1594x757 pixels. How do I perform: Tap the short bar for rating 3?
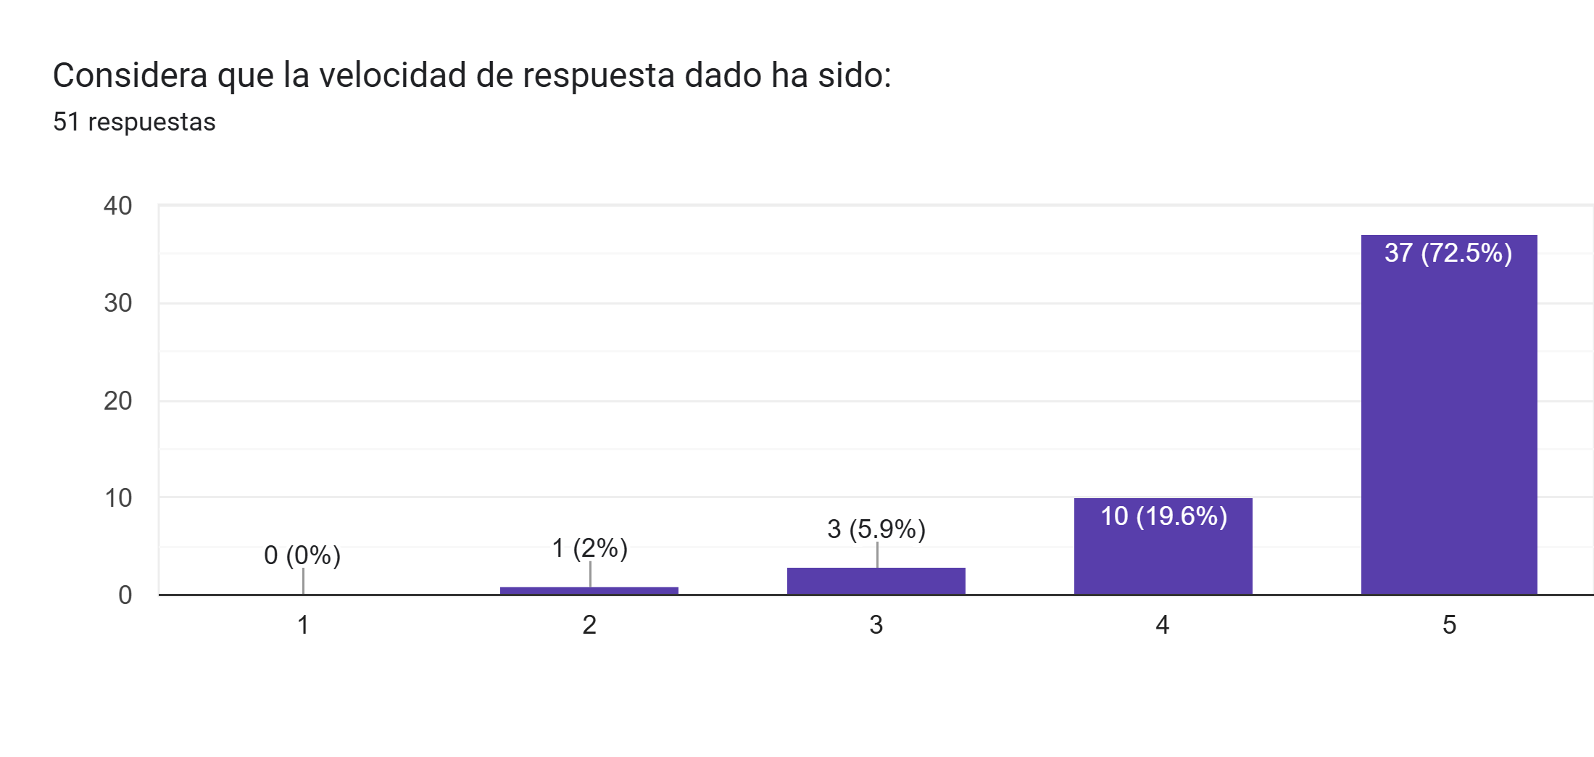(876, 582)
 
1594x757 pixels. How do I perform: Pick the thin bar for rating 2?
(589, 590)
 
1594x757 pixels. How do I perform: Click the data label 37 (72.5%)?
(1448, 253)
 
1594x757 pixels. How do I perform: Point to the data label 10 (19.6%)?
(1163, 516)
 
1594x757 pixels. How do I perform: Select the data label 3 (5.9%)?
(876, 529)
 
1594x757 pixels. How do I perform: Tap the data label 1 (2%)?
(589, 548)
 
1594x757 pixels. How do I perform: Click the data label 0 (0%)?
(302, 555)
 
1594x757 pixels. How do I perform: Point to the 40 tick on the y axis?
(118, 206)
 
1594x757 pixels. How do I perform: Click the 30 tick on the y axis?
(118, 303)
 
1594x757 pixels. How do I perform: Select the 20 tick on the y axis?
(118, 401)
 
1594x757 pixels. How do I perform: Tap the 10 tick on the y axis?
(118, 498)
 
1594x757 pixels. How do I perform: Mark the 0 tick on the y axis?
(125, 595)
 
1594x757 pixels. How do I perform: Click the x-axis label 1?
(303, 625)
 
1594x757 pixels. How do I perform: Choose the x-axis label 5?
(1449, 625)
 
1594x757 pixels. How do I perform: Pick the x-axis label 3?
(876, 625)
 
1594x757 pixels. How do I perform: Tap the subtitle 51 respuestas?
(134, 122)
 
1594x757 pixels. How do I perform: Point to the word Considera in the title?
(130, 75)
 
